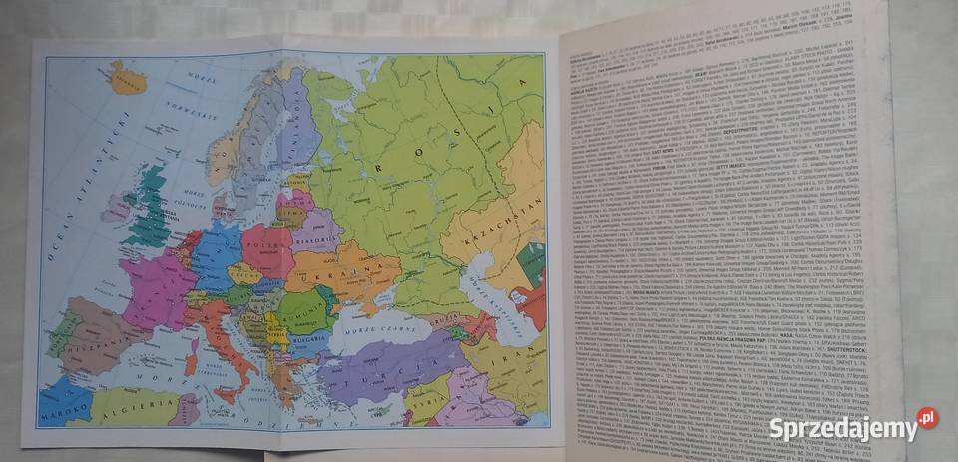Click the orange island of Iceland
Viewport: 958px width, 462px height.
point(128,77)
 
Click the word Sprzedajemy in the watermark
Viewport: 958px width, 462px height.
point(842,429)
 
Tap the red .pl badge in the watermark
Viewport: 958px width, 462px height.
point(928,419)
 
